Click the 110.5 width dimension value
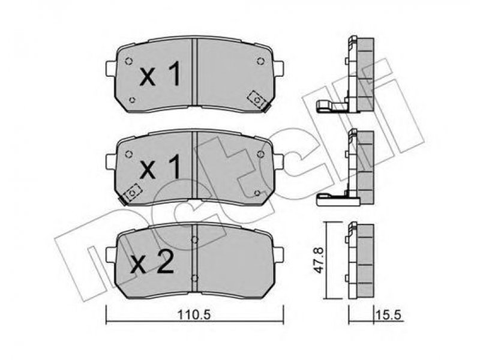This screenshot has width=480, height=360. (194, 314)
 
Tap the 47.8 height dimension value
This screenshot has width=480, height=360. (319, 260)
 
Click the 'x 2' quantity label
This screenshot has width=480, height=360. (152, 262)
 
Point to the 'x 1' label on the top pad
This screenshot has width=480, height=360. (160, 73)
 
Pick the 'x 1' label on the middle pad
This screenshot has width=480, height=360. (160, 167)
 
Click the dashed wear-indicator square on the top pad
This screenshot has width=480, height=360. (257, 100)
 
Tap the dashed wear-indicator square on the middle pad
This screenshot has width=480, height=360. (132, 193)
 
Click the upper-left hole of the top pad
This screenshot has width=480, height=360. (129, 61)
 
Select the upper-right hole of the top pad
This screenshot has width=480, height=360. (260, 61)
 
